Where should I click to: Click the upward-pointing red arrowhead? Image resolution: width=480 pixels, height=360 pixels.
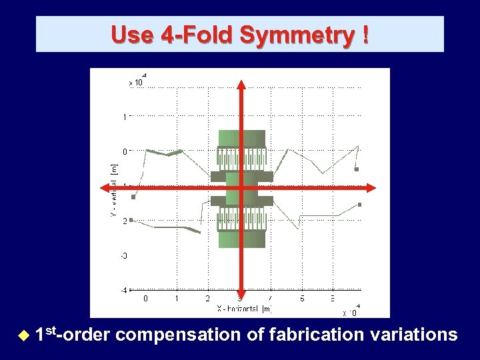(241, 84)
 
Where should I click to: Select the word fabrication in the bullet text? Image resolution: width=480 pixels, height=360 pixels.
(311, 335)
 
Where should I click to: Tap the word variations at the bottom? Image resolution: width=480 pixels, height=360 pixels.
(411, 335)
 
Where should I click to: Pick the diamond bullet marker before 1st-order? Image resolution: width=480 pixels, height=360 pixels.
(25, 335)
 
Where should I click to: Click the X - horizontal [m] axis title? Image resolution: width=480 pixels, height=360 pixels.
(244, 309)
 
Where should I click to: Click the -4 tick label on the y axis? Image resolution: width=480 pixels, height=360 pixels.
(123, 290)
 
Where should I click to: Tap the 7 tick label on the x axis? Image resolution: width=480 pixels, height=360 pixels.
(271, 299)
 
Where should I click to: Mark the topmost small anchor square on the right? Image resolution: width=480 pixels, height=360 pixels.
(357, 169)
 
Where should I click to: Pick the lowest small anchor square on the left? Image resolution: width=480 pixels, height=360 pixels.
(131, 219)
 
